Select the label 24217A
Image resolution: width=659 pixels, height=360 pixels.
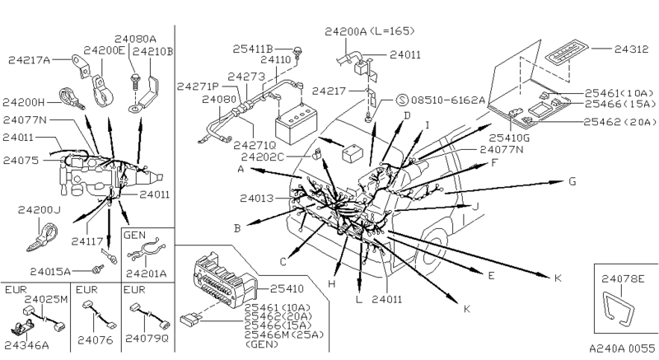(28, 59)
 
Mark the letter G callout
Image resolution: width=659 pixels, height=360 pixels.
(571, 180)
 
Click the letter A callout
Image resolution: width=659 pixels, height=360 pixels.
(239, 169)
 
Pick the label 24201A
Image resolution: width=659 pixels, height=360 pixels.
(147, 271)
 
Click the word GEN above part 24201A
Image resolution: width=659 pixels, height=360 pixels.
(134, 235)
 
